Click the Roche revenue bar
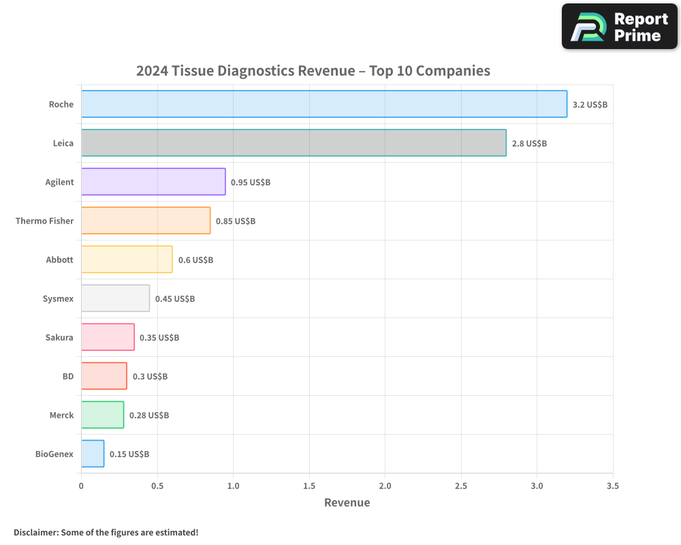[324, 104]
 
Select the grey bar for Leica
[294, 143]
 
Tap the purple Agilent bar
[153, 182]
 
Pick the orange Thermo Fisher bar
[146, 221]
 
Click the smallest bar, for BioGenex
[93, 454]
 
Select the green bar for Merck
[102, 415]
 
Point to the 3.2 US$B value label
[590, 105]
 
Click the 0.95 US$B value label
[251, 183]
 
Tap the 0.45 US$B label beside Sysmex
[175, 299]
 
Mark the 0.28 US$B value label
[149, 416]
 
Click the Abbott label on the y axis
[59, 260]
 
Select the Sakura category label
[59, 337]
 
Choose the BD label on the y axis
[67, 376]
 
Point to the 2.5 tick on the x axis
[461, 486]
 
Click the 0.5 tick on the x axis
[157, 486]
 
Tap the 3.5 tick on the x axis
[613, 486]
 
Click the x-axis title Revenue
[347, 503]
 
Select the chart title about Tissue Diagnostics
[313, 71]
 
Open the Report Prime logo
[620, 27]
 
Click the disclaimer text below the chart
[106, 532]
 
